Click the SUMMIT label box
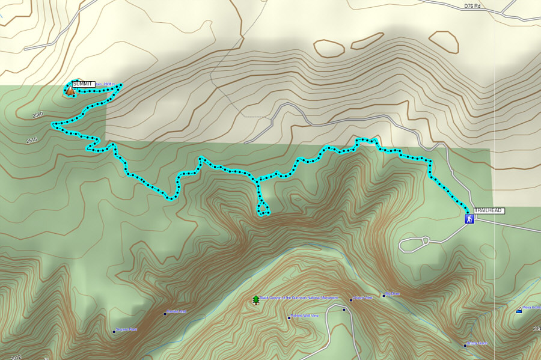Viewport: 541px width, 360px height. pos(83,84)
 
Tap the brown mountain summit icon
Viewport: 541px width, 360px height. pos(70,91)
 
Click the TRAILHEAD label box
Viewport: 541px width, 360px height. pos(489,210)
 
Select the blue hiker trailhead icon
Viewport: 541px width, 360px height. pos(468,219)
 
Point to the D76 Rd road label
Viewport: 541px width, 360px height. pos(472,6)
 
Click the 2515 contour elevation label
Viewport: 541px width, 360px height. pos(32,141)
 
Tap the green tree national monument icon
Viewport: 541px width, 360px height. pos(257,299)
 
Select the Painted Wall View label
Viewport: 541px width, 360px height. pos(304,316)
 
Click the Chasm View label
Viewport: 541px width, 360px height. pos(363,297)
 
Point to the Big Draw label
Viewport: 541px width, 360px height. pos(393,294)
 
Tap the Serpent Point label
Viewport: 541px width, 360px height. pos(126,330)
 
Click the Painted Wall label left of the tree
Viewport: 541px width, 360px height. pos(177,311)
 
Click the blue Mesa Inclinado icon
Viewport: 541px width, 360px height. pos(519,310)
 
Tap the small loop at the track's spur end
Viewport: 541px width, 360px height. pos(263,209)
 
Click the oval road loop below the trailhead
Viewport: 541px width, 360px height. pos(413,244)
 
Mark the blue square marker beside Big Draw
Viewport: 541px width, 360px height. pos(384,296)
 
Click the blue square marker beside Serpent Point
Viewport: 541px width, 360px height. pos(114,331)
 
